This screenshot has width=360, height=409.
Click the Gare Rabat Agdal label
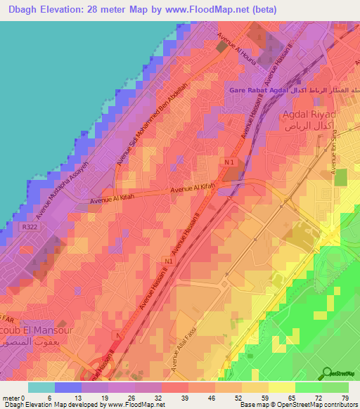(267, 91)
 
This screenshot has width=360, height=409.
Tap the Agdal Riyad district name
(310, 115)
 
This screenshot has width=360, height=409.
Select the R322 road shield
(28, 228)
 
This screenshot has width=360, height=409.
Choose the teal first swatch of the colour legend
(41, 387)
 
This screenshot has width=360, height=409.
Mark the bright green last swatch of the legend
(335, 387)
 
